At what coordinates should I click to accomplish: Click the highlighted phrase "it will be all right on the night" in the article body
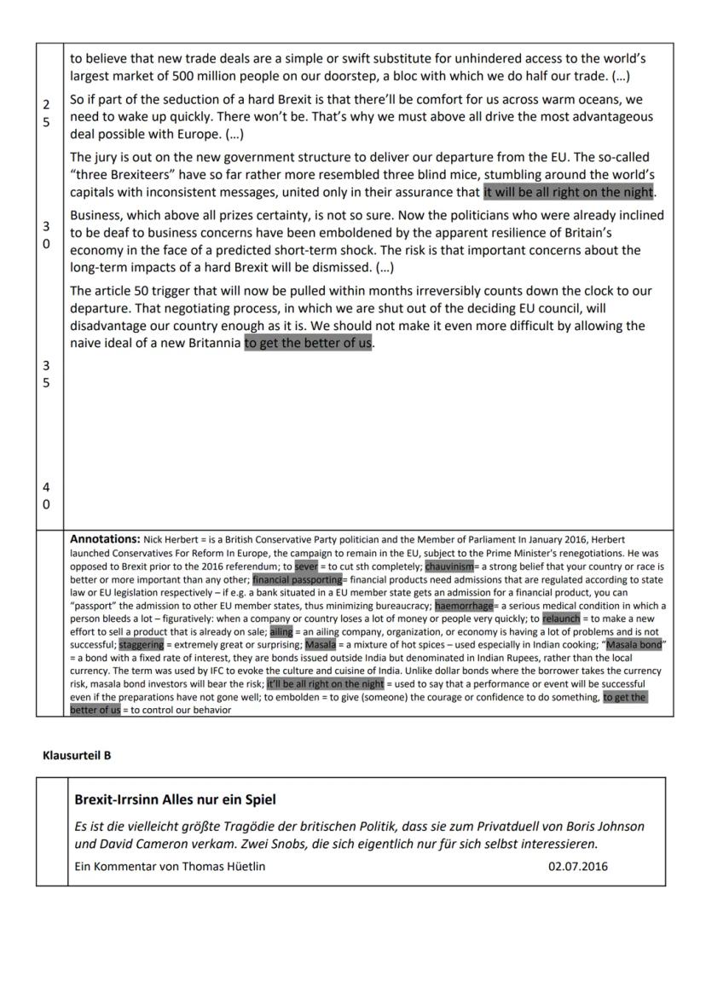pyautogui.click(x=569, y=193)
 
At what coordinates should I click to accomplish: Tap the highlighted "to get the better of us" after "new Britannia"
pyautogui.click(x=308, y=344)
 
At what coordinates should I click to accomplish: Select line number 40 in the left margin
pyautogui.click(x=46, y=496)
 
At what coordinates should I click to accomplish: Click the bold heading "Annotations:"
pyautogui.click(x=105, y=539)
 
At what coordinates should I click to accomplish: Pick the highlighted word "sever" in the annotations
pyautogui.click(x=305, y=566)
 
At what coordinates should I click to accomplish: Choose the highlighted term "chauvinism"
pyautogui.click(x=449, y=566)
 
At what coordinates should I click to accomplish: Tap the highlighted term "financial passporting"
pyautogui.click(x=297, y=579)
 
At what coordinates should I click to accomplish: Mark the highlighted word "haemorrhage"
pyautogui.click(x=464, y=606)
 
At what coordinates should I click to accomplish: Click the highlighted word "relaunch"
pyautogui.click(x=561, y=619)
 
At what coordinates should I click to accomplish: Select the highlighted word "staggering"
pyautogui.click(x=141, y=645)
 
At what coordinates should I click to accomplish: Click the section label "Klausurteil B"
pyautogui.click(x=77, y=755)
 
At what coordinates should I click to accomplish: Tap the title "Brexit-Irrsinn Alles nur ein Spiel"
pyautogui.click(x=175, y=800)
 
